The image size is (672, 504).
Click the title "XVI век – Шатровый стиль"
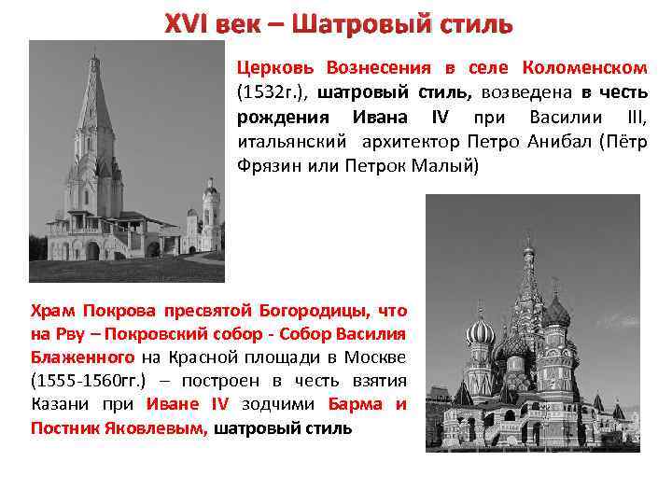point(338,22)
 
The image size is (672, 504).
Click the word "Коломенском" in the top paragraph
point(585,68)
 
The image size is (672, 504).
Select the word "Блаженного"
point(80,356)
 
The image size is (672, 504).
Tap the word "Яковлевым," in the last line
point(151,428)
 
